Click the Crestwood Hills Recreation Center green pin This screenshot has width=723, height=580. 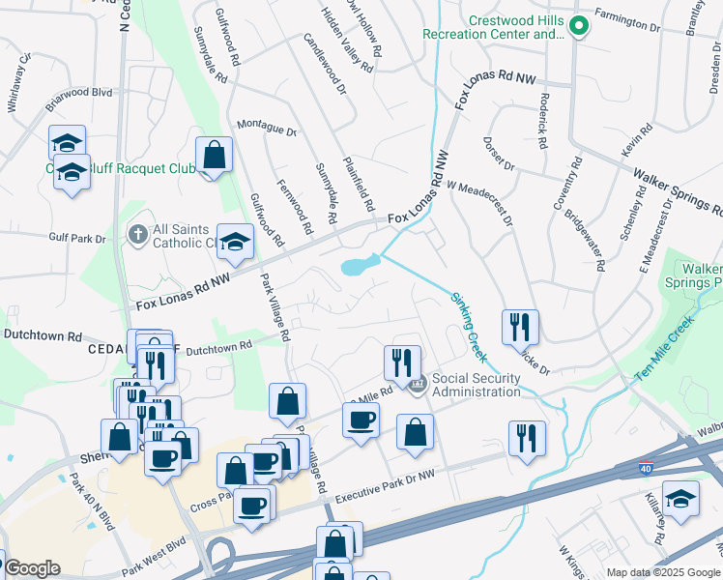[x=578, y=27]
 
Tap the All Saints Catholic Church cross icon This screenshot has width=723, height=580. [x=137, y=235]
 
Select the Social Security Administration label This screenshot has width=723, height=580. [x=476, y=385]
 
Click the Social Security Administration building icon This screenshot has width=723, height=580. [x=418, y=385]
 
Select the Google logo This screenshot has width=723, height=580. [x=31, y=568]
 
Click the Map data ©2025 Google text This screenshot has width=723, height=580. [x=662, y=572]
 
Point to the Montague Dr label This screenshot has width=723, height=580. [x=266, y=129]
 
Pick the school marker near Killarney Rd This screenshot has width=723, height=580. [x=680, y=499]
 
